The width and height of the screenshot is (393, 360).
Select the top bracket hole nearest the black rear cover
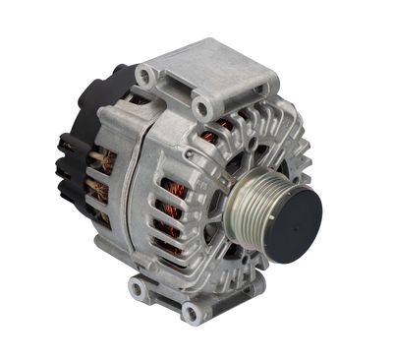click(x=145, y=75)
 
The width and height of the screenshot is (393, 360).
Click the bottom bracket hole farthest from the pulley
click(x=137, y=289)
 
